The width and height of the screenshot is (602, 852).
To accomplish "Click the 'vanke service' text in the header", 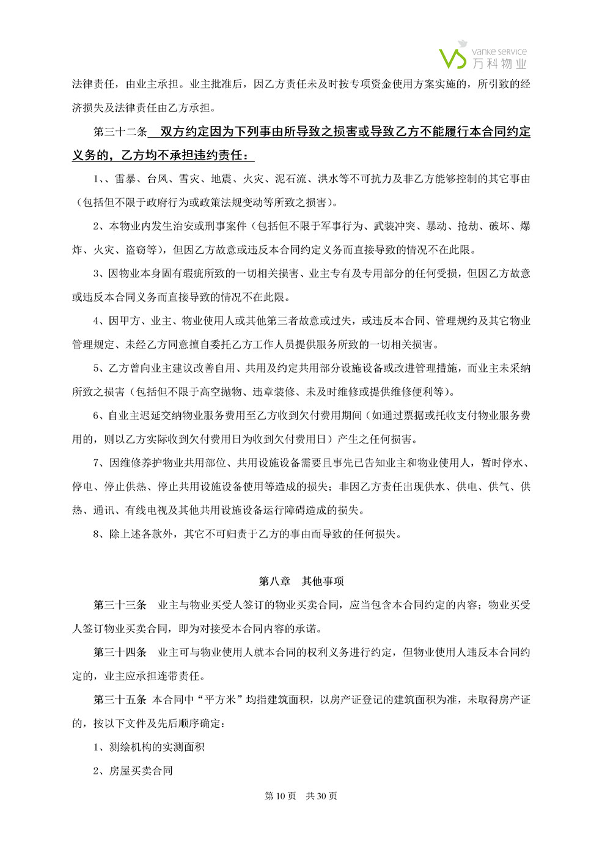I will tap(499, 51).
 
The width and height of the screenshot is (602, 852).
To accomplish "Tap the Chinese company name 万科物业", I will tap(499, 64).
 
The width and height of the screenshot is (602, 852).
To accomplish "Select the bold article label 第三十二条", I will tap(120, 132).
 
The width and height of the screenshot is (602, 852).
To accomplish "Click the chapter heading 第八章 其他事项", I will tap(301, 581).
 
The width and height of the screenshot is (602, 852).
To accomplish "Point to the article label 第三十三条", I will tap(120, 605).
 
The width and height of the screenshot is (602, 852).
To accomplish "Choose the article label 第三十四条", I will tap(120, 653).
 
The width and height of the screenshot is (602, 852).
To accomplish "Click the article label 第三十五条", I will tap(120, 700).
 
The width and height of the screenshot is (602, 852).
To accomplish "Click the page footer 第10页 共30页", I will tap(301, 796).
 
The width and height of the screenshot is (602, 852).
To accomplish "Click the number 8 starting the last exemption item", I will tap(96, 534).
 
